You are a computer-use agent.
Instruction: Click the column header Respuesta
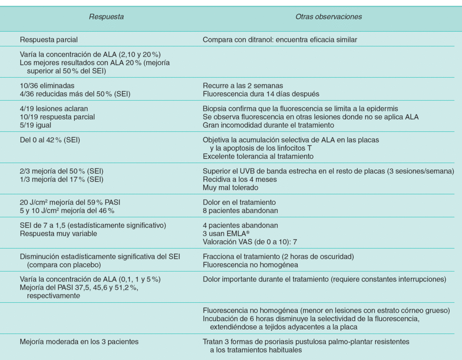(106, 17)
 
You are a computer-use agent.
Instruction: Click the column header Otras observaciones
(328, 17)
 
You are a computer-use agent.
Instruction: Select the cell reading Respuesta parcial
(52, 40)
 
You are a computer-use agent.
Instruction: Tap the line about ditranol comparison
(280, 40)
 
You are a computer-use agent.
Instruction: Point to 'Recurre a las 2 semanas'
(243, 85)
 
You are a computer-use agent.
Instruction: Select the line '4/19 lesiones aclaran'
(54, 109)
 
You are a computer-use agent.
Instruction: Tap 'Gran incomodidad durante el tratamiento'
(268, 125)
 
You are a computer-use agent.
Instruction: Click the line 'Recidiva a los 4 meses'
(240, 179)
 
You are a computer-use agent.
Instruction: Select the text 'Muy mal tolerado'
(230, 187)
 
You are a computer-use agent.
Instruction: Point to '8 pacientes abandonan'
(240, 211)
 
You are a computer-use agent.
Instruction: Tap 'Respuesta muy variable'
(59, 234)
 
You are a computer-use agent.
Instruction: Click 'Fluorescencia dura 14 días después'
(261, 93)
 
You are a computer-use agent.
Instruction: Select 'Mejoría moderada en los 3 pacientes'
(79, 342)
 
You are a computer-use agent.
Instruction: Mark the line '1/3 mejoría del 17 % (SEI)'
(61, 179)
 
